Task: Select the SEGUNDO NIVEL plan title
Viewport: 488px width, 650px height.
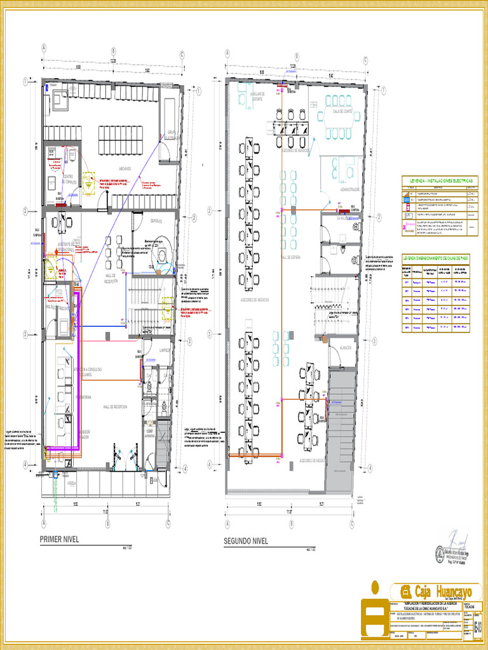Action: tap(245, 541)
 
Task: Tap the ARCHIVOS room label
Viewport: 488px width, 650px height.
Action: tap(124, 169)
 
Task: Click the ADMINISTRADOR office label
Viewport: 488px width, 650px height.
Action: tap(349, 189)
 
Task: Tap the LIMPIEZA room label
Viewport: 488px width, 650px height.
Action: tap(165, 350)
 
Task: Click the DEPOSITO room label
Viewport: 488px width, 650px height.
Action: tap(156, 221)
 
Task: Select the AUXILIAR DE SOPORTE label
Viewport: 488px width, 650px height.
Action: tap(257, 96)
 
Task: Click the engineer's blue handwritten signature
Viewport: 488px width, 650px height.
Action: tap(457, 541)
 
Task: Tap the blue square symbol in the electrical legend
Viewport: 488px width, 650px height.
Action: tap(408, 199)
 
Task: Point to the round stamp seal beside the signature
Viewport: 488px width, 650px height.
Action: tap(439, 555)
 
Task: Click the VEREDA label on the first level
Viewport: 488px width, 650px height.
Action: tap(71, 484)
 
